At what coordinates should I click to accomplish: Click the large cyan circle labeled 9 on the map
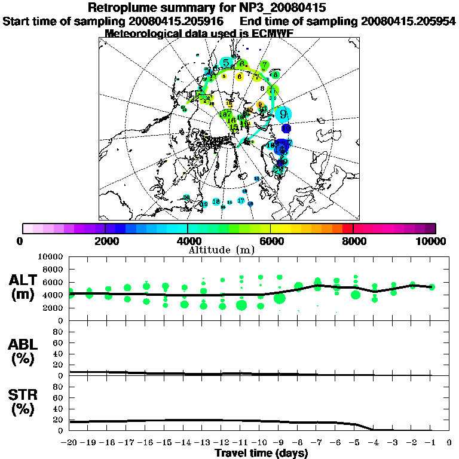tap(283, 114)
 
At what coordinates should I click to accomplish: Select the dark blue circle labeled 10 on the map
tap(286, 128)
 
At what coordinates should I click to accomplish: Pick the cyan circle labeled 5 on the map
tap(226, 63)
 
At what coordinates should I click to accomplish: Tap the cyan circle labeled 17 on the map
tap(241, 201)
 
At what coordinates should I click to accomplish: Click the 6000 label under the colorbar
tap(270, 241)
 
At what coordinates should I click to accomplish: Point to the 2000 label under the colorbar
tap(105, 241)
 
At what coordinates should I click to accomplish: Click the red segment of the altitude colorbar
tap(348, 228)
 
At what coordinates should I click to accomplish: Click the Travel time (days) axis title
tap(261, 454)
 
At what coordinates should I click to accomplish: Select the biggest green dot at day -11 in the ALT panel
tap(241, 305)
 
